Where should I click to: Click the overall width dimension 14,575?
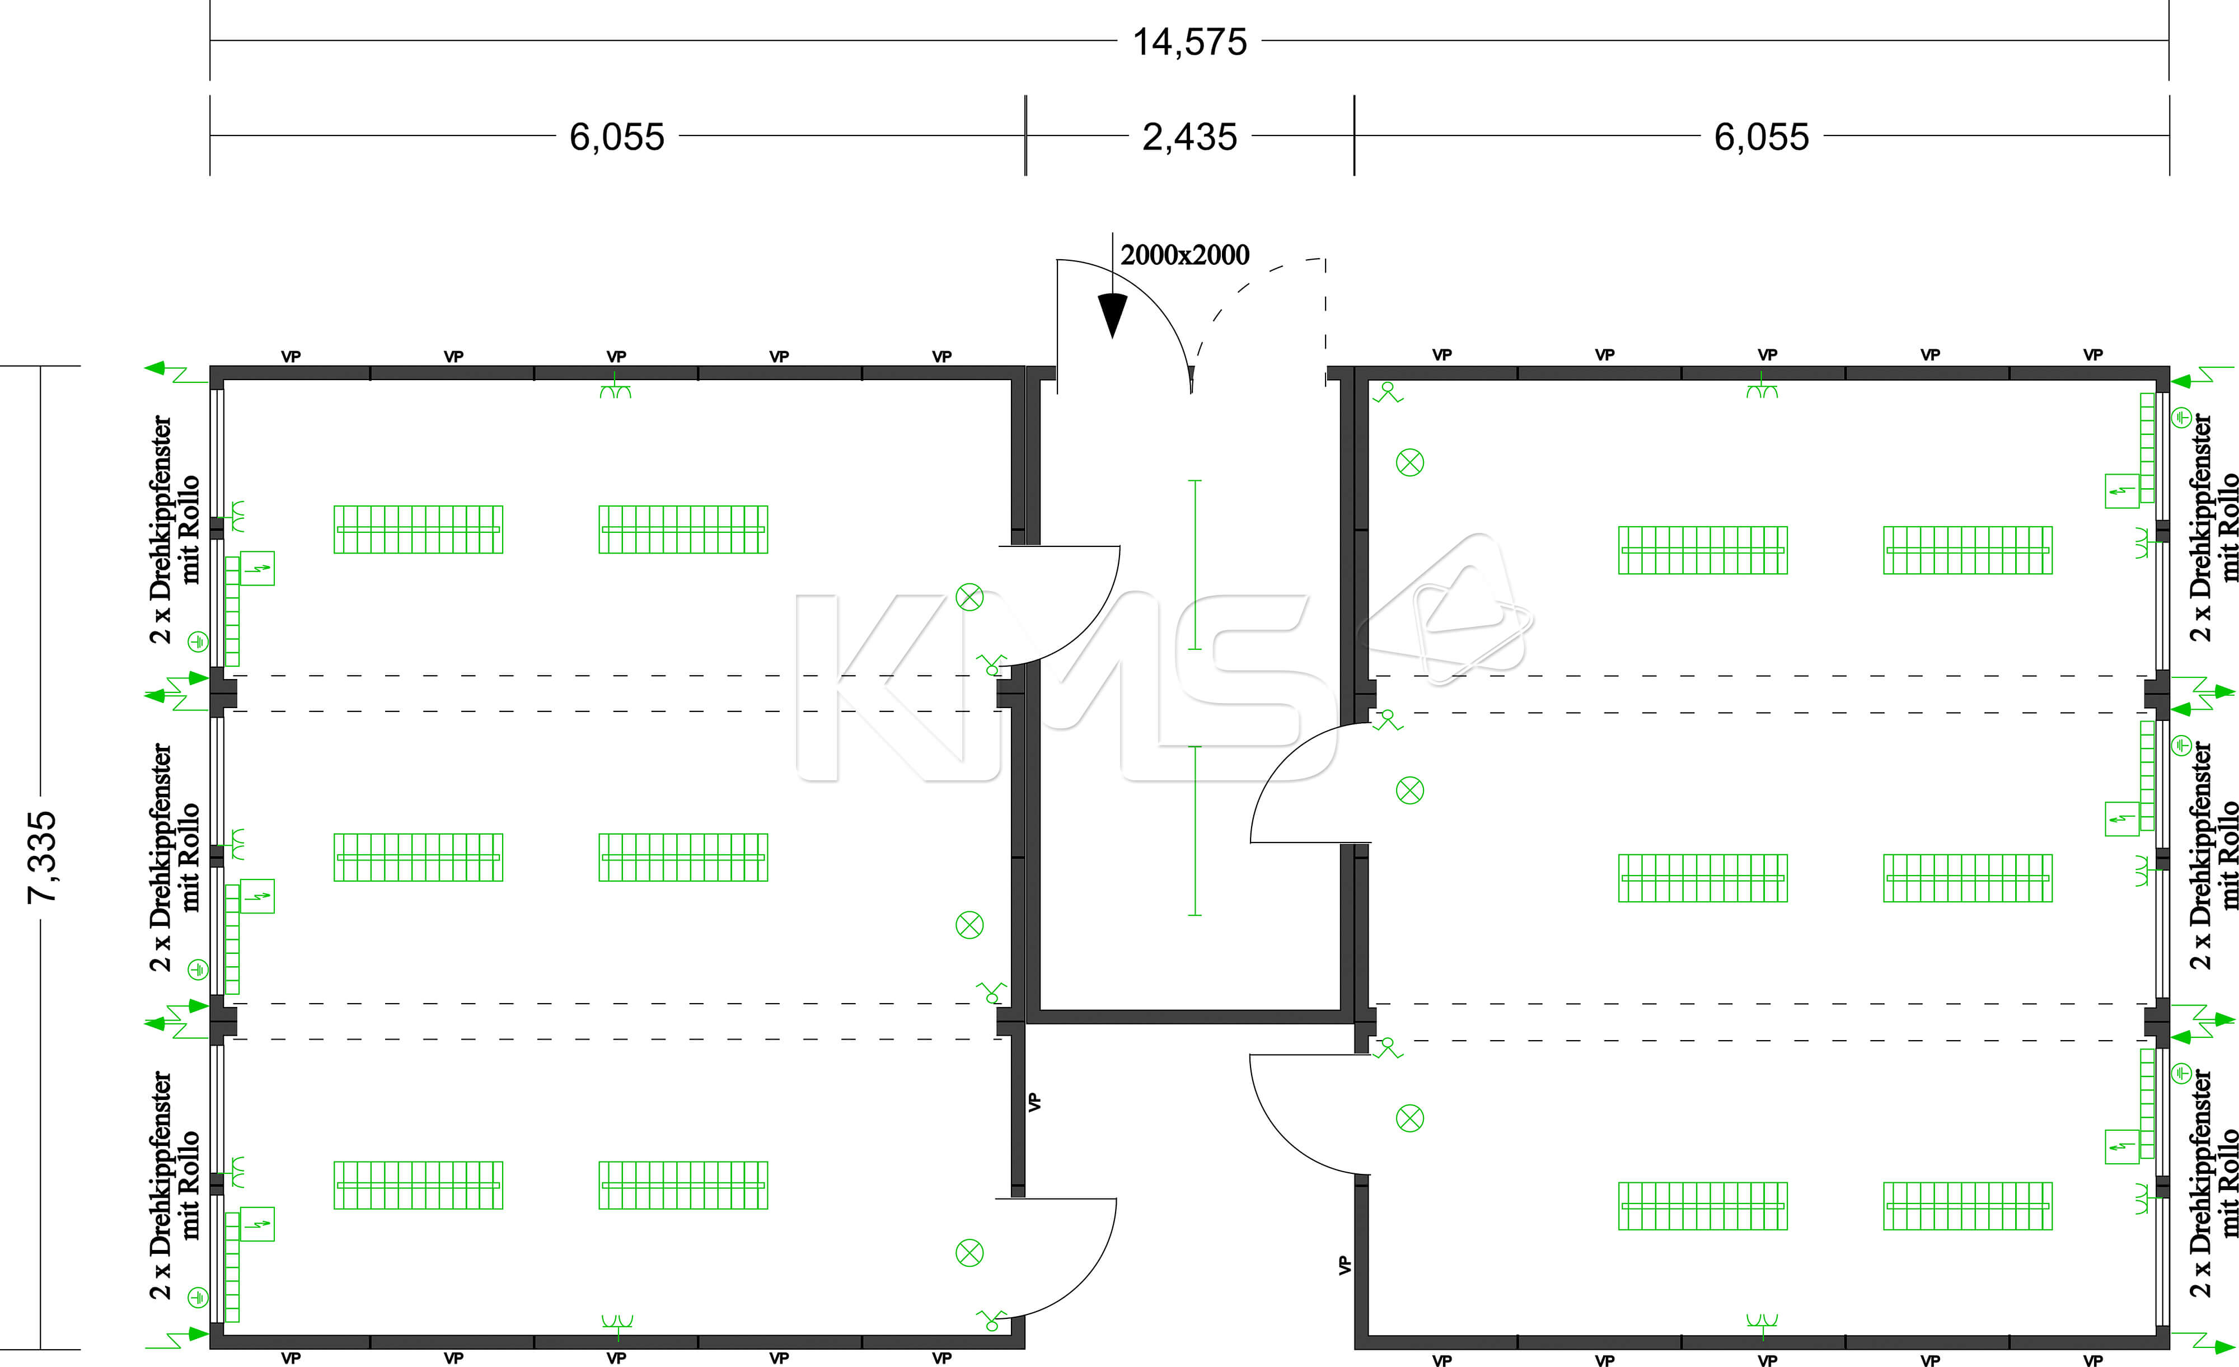[1189, 43]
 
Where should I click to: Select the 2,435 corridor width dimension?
[1189, 137]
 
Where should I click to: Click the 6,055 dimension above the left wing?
[617, 137]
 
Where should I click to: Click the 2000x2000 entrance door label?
[1185, 255]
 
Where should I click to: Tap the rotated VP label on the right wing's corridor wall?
[1345, 1265]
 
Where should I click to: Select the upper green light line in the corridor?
[1195, 564]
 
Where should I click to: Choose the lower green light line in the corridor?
[1195, 831]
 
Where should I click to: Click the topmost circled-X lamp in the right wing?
[1409, 462]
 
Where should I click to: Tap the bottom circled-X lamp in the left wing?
[969, 1253]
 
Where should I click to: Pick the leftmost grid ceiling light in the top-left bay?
[418, 529]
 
